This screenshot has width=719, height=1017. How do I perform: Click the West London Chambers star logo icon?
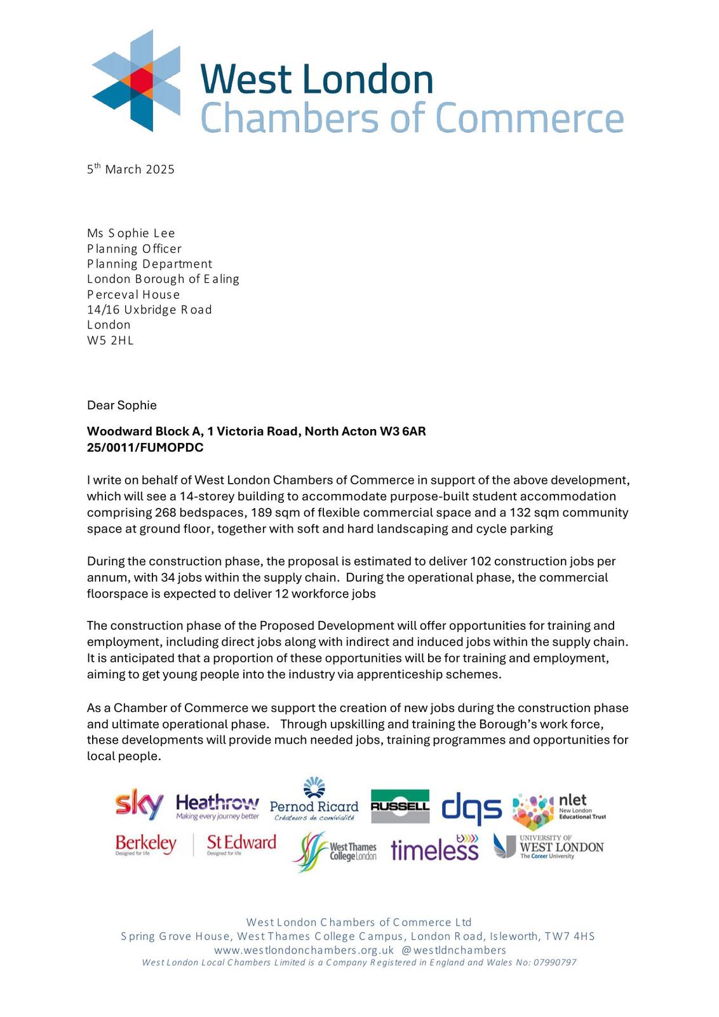(136, 80)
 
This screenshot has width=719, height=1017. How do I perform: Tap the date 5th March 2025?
(131, 169)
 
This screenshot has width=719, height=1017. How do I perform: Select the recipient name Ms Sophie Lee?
(131, 233)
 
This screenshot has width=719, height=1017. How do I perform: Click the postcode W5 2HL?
(111, 340)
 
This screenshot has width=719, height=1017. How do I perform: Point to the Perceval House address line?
(133, 294)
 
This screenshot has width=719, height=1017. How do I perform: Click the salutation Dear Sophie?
(122, 405)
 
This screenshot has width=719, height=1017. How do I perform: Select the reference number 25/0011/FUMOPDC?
(145, 447)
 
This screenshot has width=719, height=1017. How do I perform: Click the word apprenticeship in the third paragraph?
(401, 674)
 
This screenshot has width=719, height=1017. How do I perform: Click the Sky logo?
(139, 805)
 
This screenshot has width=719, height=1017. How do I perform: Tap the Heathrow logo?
(217, 806)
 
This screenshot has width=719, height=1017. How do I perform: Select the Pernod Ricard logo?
(314, 802)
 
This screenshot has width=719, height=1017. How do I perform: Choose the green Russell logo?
(400, 806)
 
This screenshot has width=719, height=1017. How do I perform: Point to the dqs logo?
(471, 807)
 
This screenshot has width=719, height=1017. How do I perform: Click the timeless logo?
(434, 849)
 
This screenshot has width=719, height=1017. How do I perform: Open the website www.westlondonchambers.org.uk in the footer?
(304, 950)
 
